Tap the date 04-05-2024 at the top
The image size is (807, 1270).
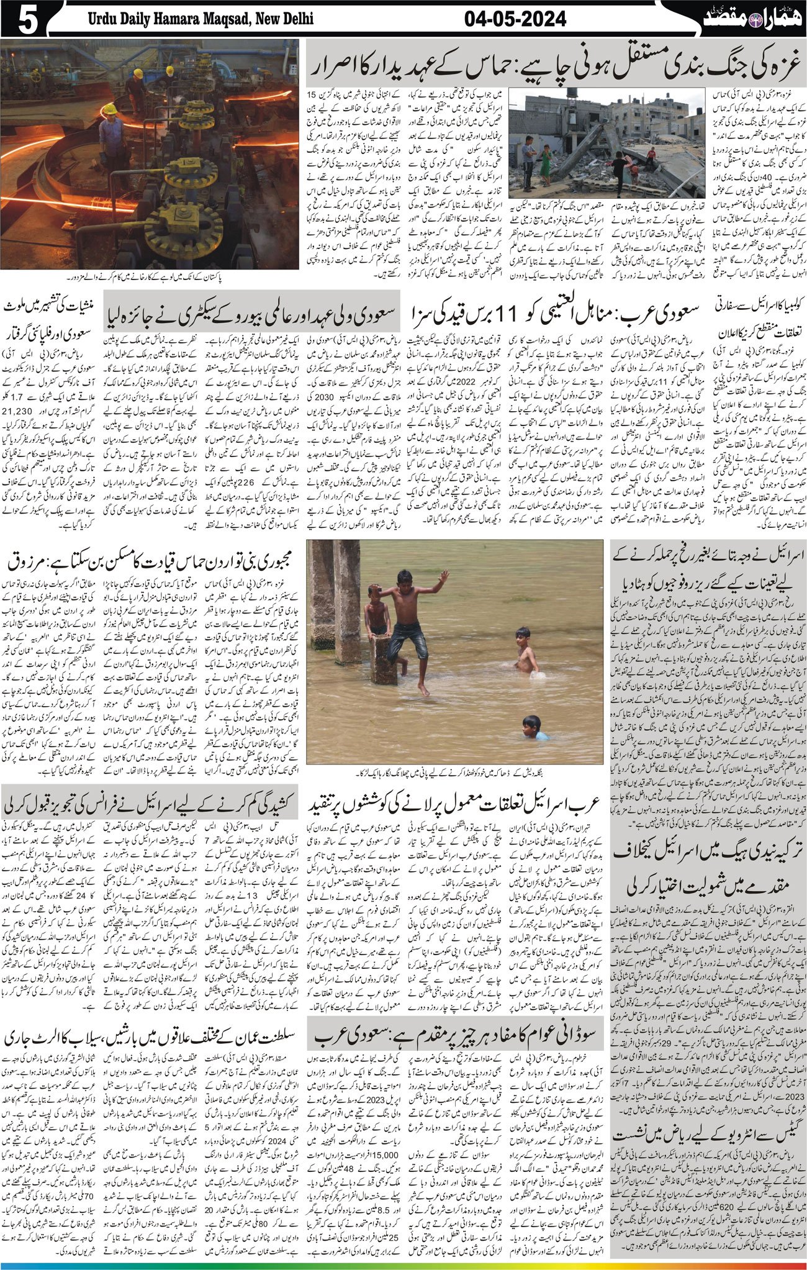(515, 19)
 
